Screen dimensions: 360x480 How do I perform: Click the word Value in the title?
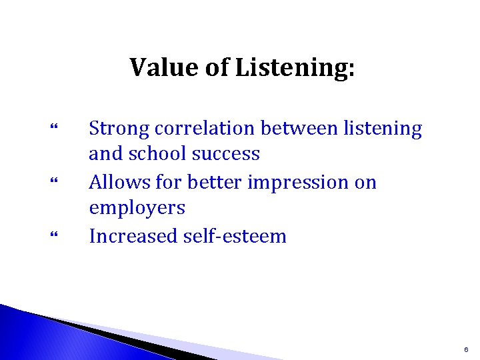coord(158,67)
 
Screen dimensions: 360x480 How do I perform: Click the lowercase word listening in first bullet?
coord(383,129)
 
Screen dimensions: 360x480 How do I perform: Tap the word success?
coord(226,155)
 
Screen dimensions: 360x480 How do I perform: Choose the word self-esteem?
coord(237,236)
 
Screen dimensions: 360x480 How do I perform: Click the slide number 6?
coord(466,349)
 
